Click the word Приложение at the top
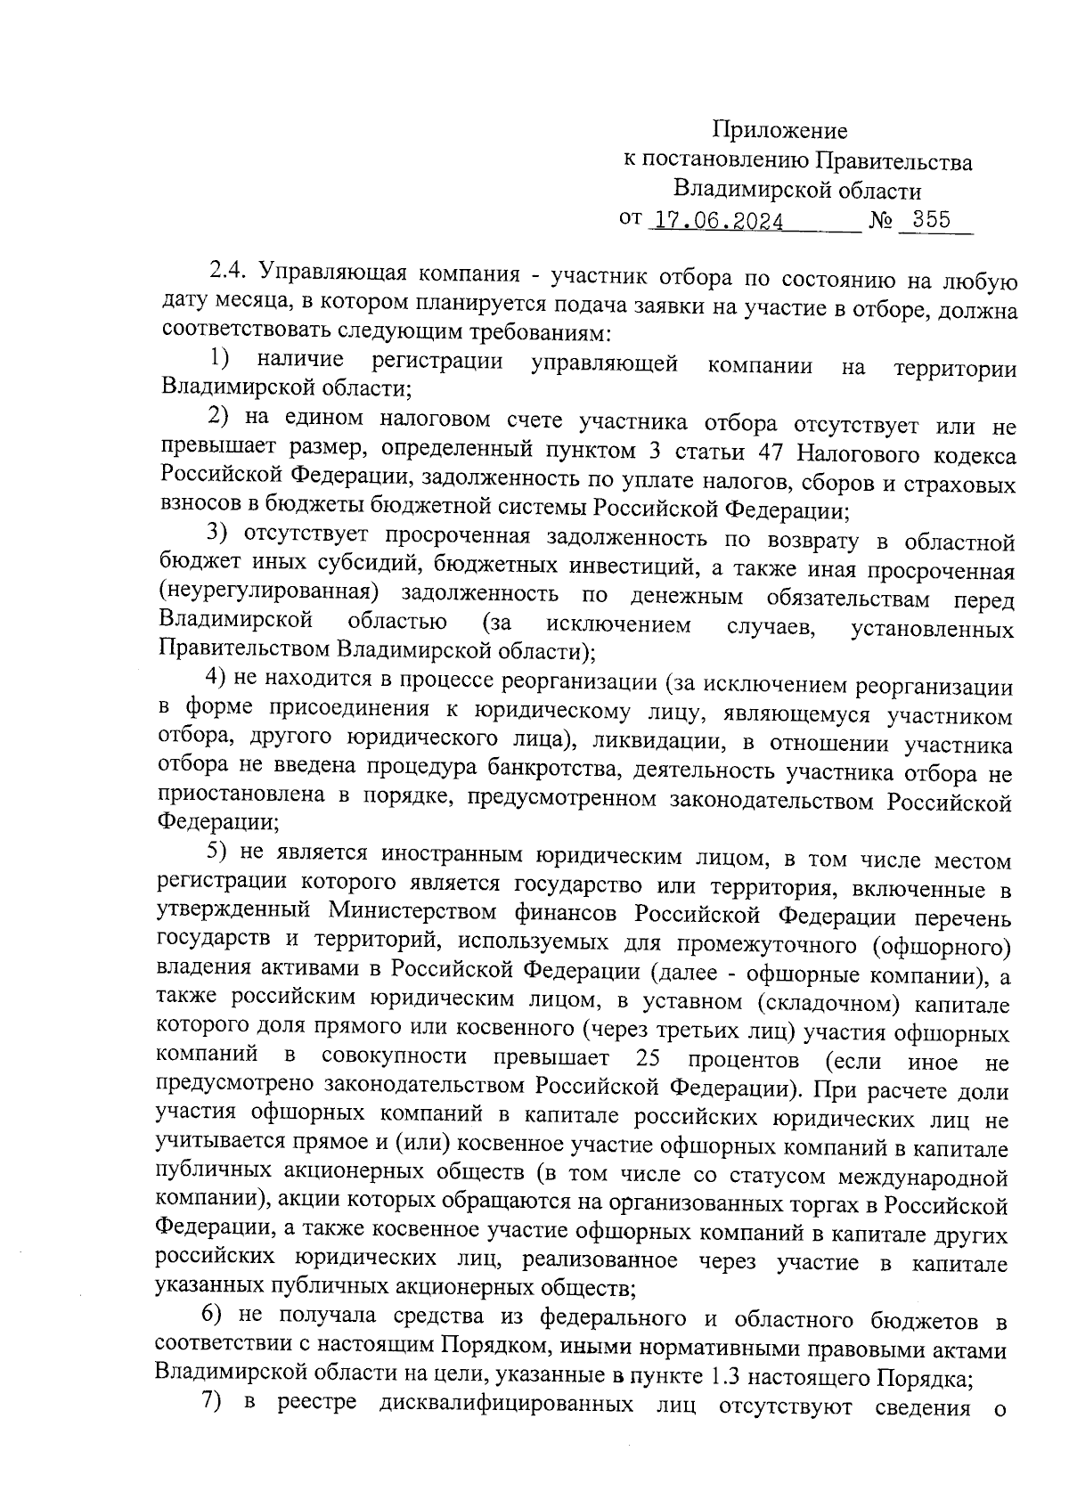[x=783, y=132]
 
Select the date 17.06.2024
[x=719, y=220]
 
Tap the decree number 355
[x=933, y=219]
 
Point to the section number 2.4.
[x=230, y=271]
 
